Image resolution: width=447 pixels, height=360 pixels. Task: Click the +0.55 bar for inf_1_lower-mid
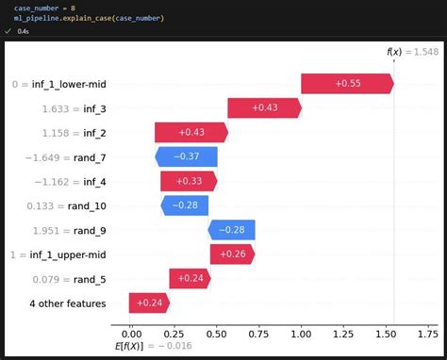coord(347,83)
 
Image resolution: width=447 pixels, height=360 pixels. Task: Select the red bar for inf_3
coord(264,107)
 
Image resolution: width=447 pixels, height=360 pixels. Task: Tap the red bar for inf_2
coord(191,132)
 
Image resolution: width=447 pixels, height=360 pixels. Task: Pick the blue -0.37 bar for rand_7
coord(187,156)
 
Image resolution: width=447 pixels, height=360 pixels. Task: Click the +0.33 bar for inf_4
coord(190,181)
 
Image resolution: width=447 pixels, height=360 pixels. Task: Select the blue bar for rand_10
coord(185,205)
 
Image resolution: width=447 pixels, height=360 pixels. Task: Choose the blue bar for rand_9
coord(232,230)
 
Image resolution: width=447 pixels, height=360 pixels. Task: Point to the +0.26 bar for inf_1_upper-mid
coord(232,254)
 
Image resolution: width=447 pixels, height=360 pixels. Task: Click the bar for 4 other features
coord(149,303)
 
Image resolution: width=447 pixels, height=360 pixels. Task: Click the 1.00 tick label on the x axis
coord(302,333)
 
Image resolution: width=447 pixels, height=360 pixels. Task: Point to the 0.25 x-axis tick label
coord(174,333)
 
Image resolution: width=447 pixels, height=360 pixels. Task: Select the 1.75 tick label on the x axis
coord(429,333)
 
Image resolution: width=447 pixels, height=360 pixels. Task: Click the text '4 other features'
coord(67,303)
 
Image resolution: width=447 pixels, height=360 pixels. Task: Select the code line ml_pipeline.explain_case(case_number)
coord(89,18)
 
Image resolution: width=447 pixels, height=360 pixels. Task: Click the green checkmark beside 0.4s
coord(8,30)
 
